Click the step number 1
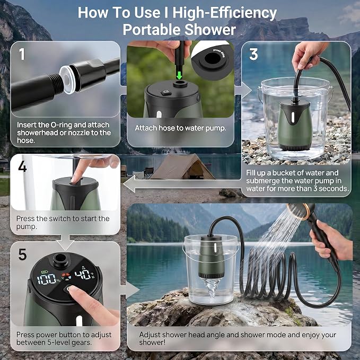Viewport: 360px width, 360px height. coord(22,54)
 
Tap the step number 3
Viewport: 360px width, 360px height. coord(253,55)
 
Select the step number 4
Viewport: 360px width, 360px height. coord(22,166)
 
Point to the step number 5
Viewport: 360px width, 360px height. coord(22,254)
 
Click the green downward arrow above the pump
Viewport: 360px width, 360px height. coord(179,75)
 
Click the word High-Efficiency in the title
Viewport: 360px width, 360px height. coord(224,13)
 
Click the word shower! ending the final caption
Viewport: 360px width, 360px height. coord(152,343)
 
